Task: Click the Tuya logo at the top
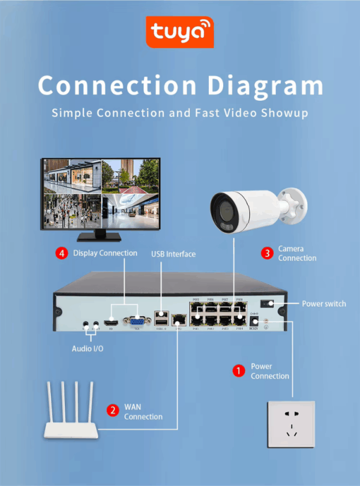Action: [x=179, y=32]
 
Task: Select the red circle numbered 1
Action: [x=238, y=371]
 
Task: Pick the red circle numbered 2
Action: [x=112, y=411]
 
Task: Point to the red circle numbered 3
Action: [x=266, y=253]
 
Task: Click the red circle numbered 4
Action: [x=62, y=253]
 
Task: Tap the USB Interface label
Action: [x=173, y=254]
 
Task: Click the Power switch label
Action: [x=323, y=304]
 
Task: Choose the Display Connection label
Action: [x=105, y=253]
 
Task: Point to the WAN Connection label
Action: [x=143, y=412]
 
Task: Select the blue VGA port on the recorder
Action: [x=136, y=322]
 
